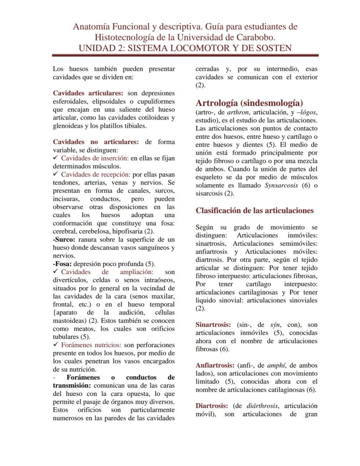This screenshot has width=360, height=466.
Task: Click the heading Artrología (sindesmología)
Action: click(249, 103)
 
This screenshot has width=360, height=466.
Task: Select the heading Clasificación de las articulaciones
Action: click(254, 211)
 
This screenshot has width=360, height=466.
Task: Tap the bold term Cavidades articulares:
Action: click(88, 93)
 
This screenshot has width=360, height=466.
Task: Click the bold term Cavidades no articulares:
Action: click(96, 142)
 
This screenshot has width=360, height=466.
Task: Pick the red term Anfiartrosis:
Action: click(215, 365)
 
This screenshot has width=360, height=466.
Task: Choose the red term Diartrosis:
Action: click(212, 406)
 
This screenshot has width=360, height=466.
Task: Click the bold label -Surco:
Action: click(64, 240)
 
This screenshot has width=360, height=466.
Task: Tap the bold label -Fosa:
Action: click(62, 264)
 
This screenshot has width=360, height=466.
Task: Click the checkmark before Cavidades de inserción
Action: click(55, 158)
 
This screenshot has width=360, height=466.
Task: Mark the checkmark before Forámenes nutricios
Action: click(55, 345)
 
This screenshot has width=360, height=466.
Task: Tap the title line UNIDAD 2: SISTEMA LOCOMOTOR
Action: click(185, 48)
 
